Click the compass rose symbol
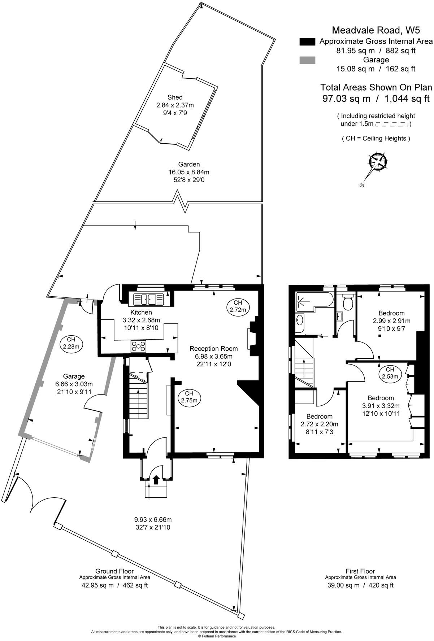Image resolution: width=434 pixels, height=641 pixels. coord(377,163)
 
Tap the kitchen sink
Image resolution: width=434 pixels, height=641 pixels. coord(148,299)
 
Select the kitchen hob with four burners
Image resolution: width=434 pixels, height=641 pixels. coord(139,346)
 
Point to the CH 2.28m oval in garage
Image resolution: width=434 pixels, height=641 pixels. coord(71,343)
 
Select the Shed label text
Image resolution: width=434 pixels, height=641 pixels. coord(175,97)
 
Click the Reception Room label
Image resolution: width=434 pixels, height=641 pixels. coord(213,349)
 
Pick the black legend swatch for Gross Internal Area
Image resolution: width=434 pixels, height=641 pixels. coord(307,42)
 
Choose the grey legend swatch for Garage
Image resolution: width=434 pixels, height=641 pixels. coord(307,60)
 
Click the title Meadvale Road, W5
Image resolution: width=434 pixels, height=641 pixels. coord(376,30)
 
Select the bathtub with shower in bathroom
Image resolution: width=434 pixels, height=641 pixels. coord(314,300)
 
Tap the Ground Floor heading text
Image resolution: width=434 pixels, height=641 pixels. coord(114,571)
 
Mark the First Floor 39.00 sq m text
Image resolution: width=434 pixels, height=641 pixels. coord(360,585)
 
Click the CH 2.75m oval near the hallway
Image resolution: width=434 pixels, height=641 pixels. coord(189,397)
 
